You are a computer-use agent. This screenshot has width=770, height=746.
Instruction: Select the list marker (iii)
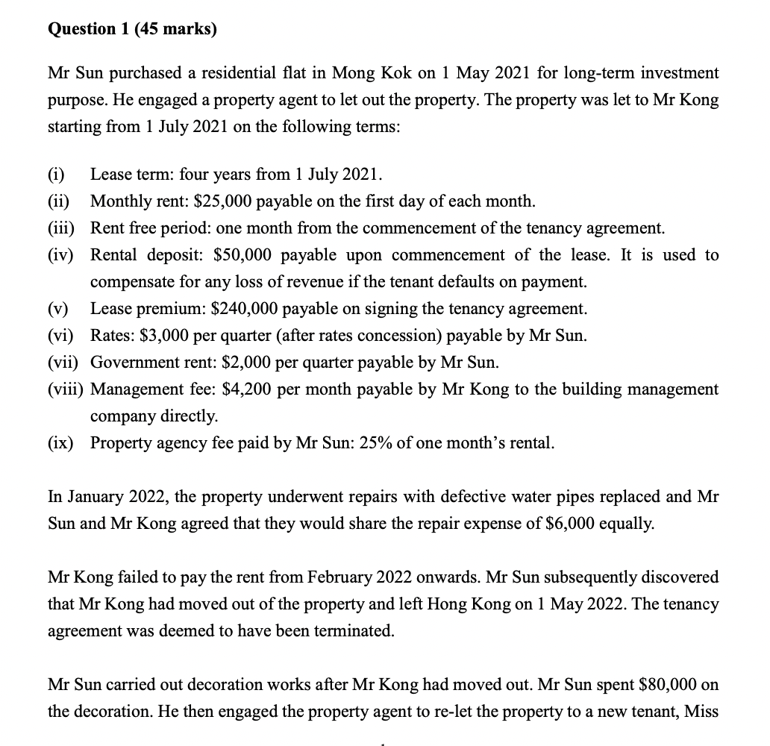(x=62, y=228)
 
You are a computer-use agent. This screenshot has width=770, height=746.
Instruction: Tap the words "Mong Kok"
(x=367, y=73)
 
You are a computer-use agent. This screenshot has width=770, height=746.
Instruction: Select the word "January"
(x=91, y=497)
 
